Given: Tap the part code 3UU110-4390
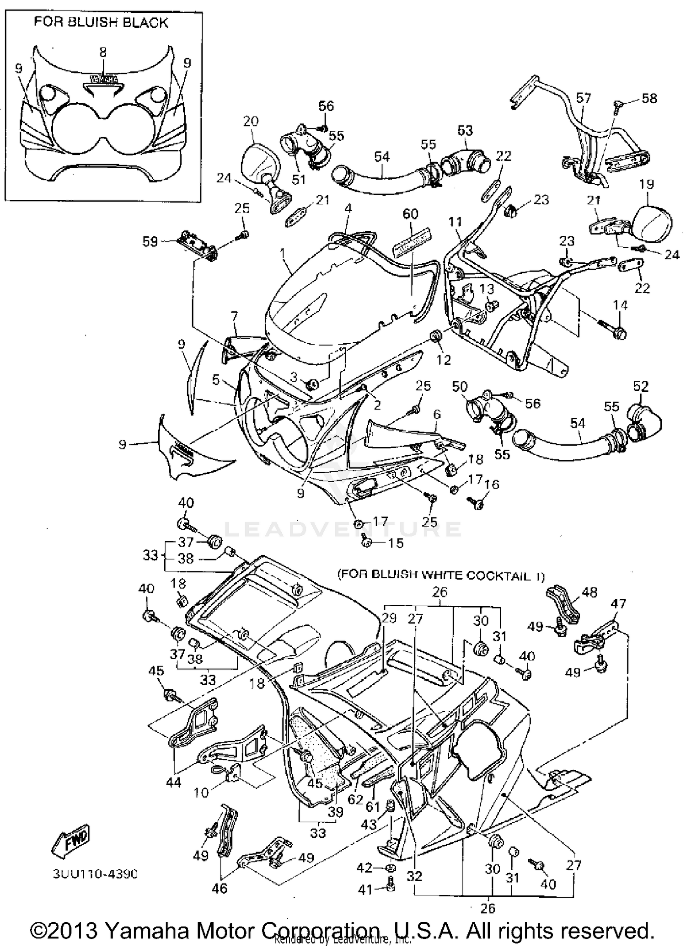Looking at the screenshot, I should (95, 874).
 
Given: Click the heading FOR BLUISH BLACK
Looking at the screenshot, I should (101, 23).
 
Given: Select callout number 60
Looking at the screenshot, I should (410, 214).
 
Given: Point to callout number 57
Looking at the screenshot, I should (583, 98).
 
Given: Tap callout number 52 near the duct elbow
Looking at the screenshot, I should (641, 386).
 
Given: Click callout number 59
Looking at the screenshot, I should (150, 241).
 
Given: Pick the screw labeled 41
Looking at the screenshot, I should (390, 890).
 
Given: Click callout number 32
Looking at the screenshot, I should (414, 876).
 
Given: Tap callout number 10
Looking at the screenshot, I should (201, 792).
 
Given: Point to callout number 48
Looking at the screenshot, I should (590, 592).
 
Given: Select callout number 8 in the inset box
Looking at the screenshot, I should (103, 53).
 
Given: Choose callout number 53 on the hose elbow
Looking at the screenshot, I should (465, 130).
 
